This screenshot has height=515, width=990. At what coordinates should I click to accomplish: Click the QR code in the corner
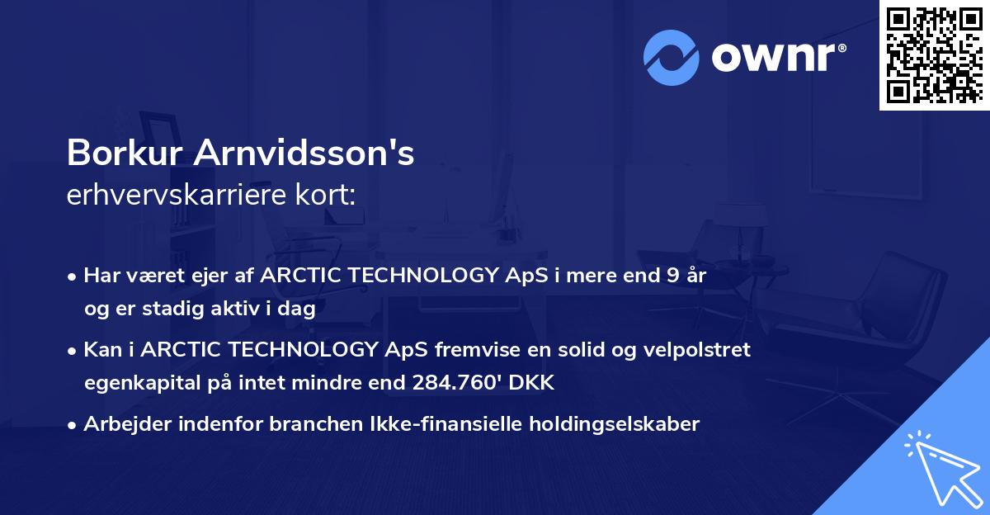click(933, 55)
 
